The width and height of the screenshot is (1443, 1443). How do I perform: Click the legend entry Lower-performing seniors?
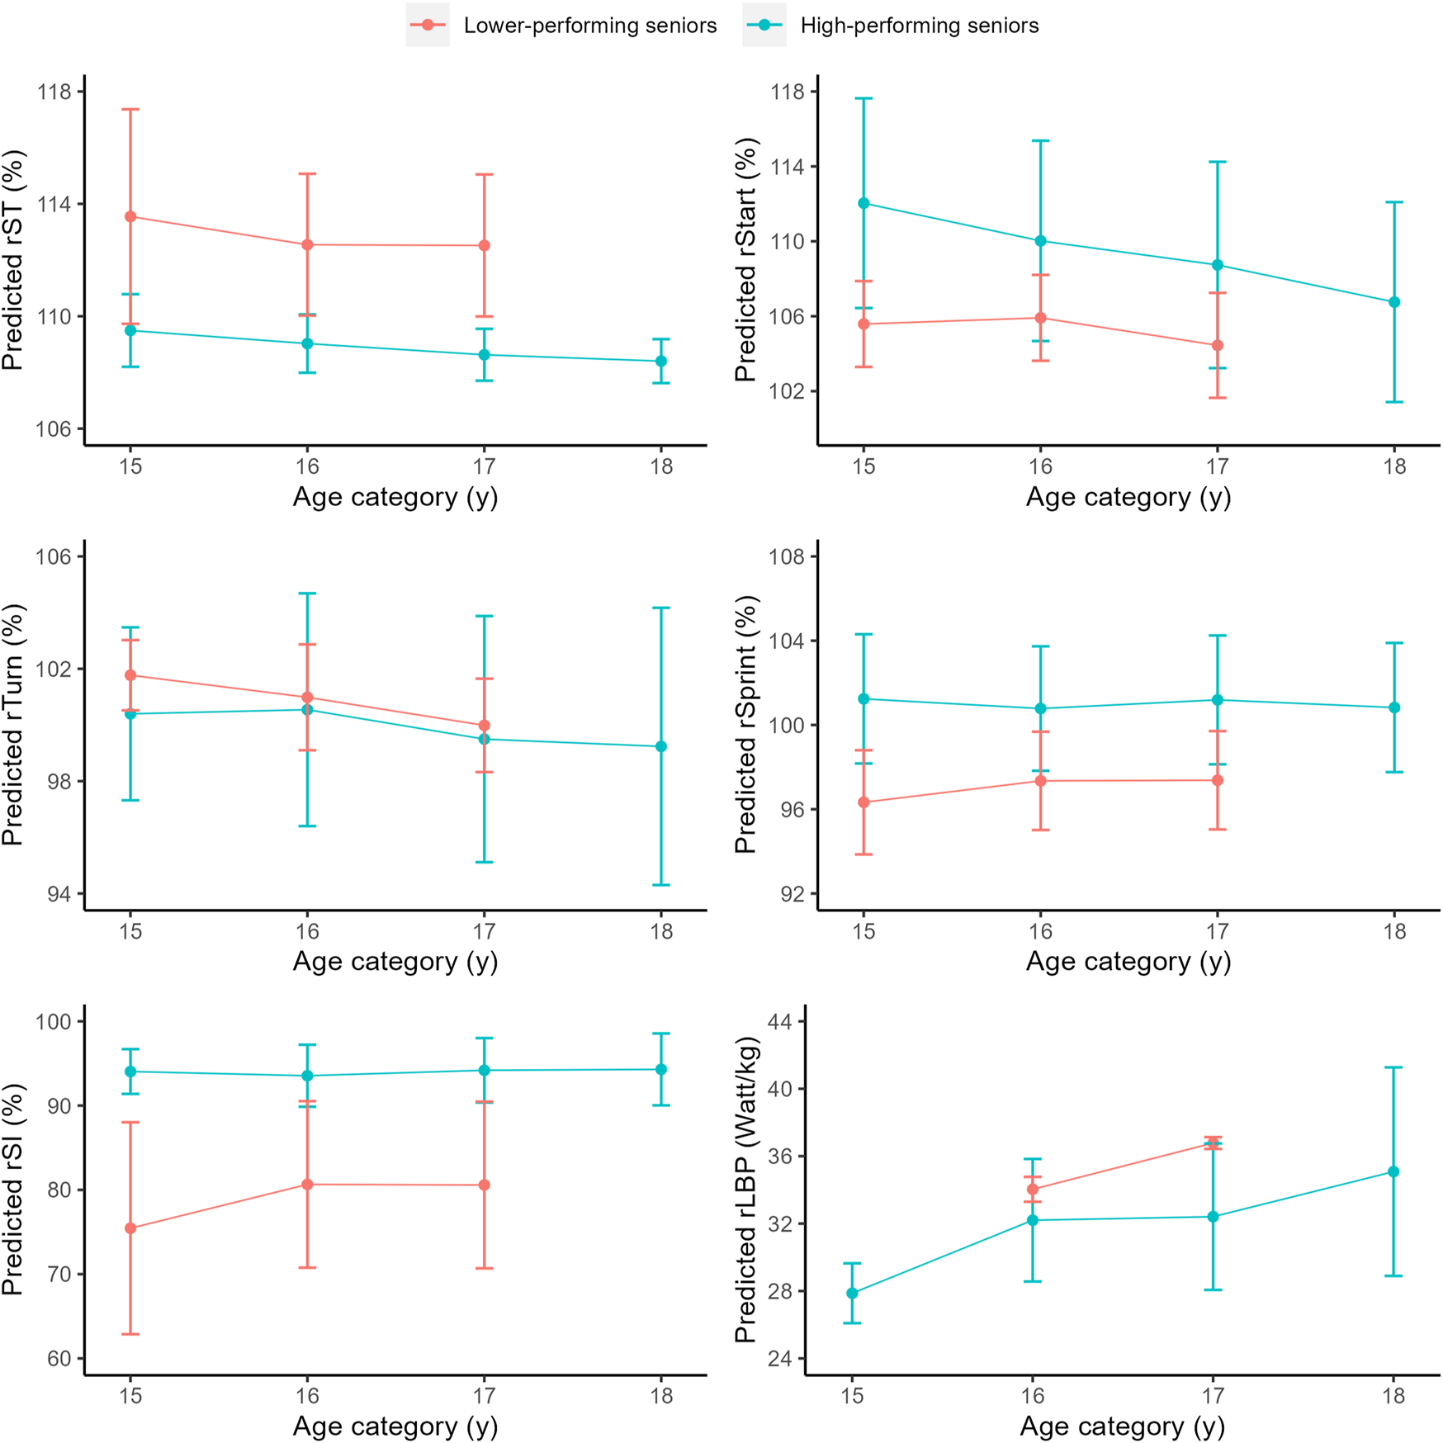click(x=589, y=26)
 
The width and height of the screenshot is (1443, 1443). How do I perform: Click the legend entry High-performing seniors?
click(x=919, y=26)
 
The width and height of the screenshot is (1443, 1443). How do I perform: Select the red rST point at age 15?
click(x=130, y=217)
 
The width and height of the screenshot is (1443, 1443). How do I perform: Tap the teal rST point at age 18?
click(x=661, y=362)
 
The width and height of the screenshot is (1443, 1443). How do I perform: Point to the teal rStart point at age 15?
click(x=863, y=203)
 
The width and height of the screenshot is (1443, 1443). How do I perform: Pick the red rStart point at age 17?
click(x=1218, y=346)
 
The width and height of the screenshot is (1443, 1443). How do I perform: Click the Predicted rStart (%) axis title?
click(x=745, y=260)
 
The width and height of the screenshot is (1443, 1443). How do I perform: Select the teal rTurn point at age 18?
click(x=661, y=747)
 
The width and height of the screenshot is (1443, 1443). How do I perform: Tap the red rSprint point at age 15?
click(x=863, y=802)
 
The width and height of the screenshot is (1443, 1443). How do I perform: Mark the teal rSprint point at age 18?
click(x=1394, y=708)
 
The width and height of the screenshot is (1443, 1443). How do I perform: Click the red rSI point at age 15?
click(x=130, y=1228)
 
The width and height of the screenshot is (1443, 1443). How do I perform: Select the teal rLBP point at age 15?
click(x=852, y=1294)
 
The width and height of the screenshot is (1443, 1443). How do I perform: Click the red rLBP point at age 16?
click(x=1033, y=1190)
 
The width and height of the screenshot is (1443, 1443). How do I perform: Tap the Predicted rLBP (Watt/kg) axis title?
click(x=745, y=1190)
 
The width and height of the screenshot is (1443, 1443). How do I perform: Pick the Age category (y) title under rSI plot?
click(x=395, y=1426)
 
